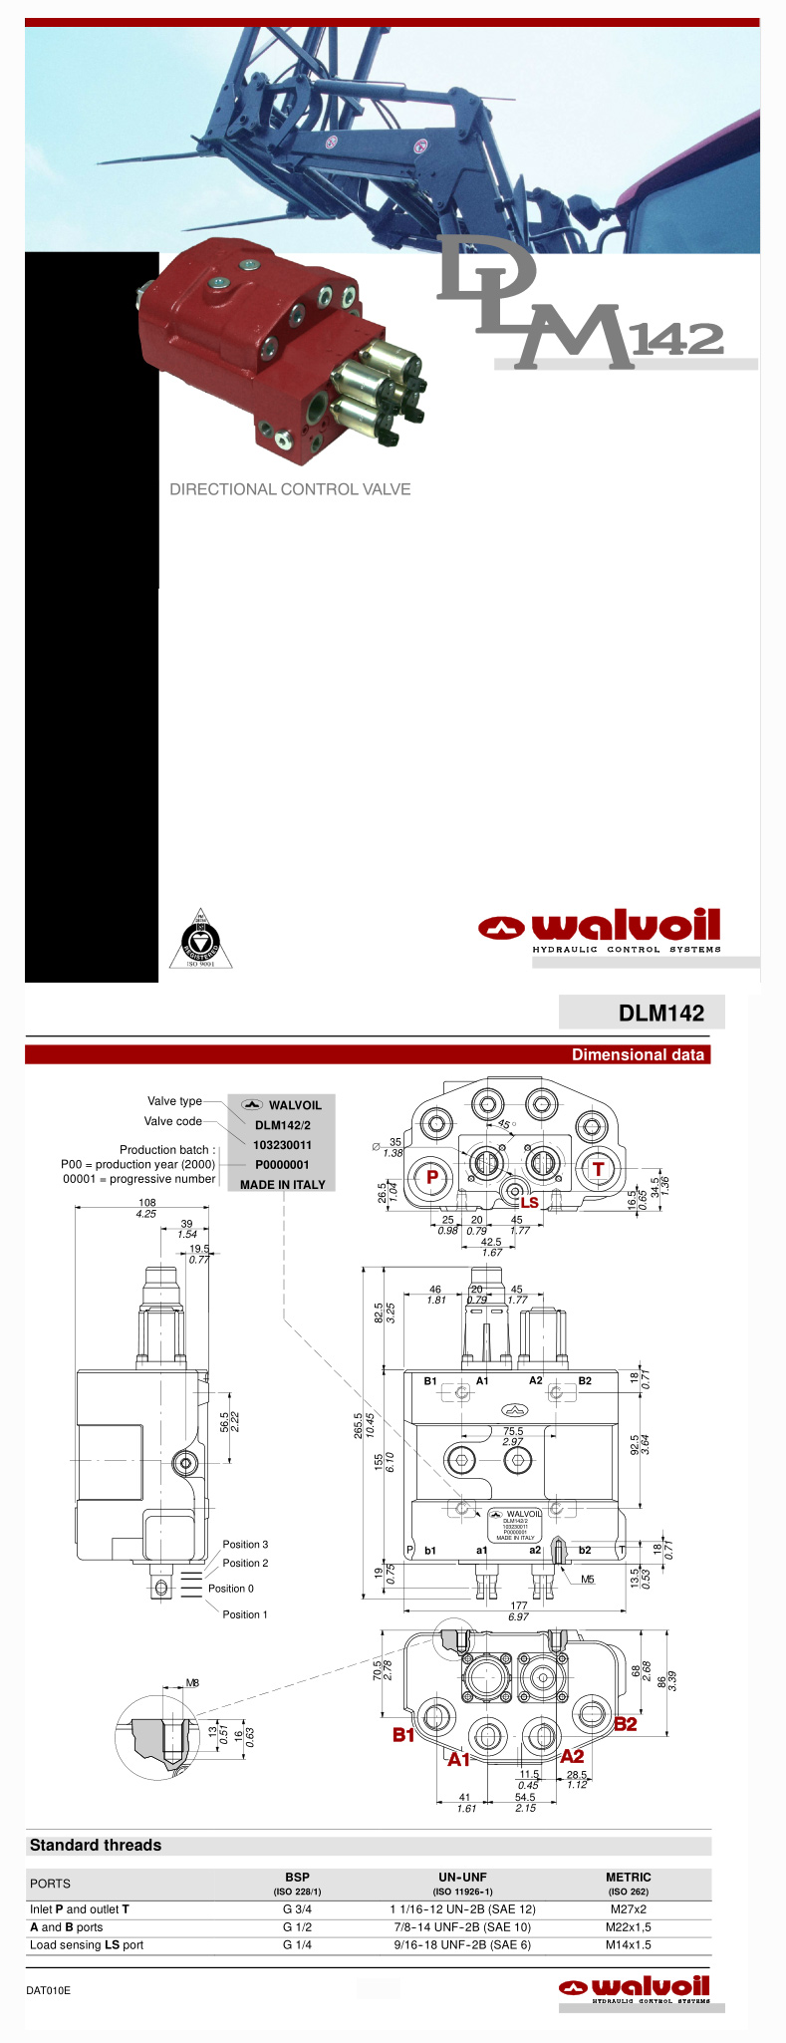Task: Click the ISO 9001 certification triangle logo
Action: pyautogui.click(x=200, y=939)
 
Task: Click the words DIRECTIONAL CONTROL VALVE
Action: pyautogui.click(x=290, y=489)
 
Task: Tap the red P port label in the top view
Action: pyautogui.click(x=432, y=1177)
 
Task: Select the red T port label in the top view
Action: pyautogui.click(x=598, y=1169)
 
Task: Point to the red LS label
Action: pyautogui.click(x=529, y=1203)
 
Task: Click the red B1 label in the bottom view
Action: pyautogui.click(x=403, y=1735)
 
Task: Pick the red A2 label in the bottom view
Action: pyautogui.click(x=572, y=1756)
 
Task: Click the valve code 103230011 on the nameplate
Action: pyautogui.click(x=282, y=1145)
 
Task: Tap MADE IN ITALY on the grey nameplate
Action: pyautogui.click(x=282, y=1185)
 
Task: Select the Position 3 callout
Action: pyautogui.click(x=245, y=1545)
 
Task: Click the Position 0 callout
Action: pyautogui.click(x=231, y=1589)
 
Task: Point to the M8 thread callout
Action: pyautogui.click(x=193, y=1683)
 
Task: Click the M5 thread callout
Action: pyautogui.click(x=588, y=1580)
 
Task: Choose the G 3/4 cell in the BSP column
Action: pyautogui.click(x=297, y=1909)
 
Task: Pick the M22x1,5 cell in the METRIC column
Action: pyautogui.click(x=628, y=1927)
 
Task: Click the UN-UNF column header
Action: pyautogui.click(x=462, y=1878)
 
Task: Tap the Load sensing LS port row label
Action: pyautogui.click(x=87, y=1945)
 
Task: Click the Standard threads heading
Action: pyautogui.click(x=96, y=1846)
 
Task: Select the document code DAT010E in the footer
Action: pyautogui.click(x=49, y=1991)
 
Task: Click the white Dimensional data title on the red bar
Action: pyautogui.click(x=638, y=1054)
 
